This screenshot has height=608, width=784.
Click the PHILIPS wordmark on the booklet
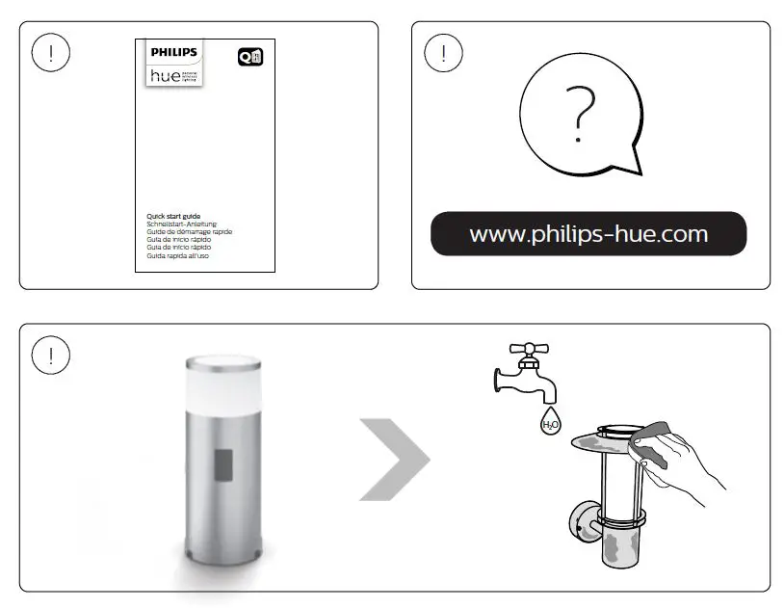[x=173, y=51]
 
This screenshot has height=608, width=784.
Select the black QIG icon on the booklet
[x=249, y=57]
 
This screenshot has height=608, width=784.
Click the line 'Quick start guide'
[x=172, y=217]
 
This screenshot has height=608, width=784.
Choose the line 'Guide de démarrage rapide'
[x=189, y=232]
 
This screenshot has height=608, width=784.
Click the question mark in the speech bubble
[x=580, y=113]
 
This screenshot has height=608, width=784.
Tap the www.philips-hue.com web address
[x=588, y=234]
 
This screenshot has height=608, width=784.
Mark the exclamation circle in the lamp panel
[x=50, y=355]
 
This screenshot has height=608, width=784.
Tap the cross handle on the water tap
[x=527, y=350]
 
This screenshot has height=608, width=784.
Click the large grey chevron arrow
[x=395, y=459]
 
